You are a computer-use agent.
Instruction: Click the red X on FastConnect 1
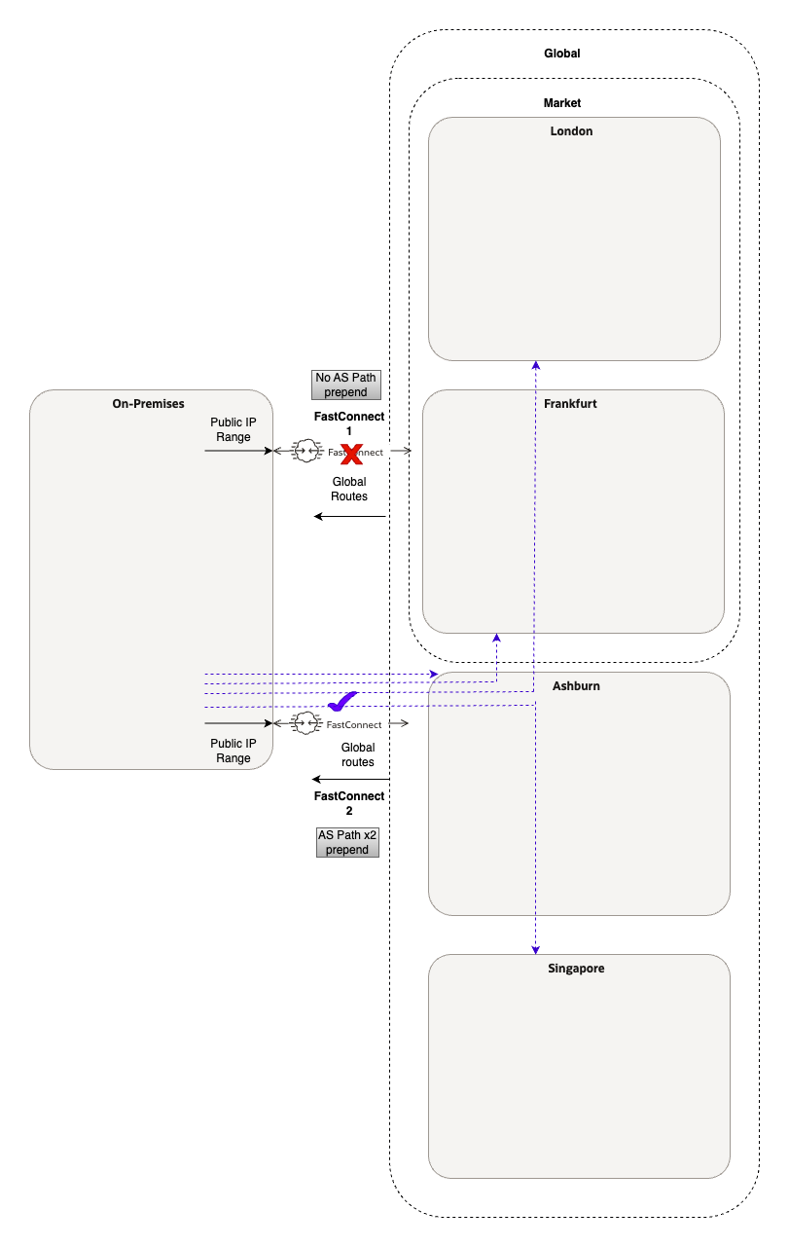(351, 452)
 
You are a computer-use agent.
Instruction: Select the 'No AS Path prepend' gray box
(346, 385)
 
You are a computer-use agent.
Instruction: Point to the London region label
(571, 131)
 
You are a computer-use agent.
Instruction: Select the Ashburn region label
(576, 685)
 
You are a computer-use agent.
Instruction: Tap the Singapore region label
(576, 969)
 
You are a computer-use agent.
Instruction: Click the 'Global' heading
(561, 54)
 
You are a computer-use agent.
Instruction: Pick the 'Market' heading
(561, 103)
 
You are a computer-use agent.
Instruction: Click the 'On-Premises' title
(148, 403)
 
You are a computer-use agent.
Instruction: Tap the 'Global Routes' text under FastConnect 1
(349, 489)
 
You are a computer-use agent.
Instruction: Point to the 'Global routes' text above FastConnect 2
(357, 754)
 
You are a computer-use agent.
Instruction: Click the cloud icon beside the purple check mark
(307, 723)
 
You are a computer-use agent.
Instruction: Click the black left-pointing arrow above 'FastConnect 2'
(350, 780)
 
